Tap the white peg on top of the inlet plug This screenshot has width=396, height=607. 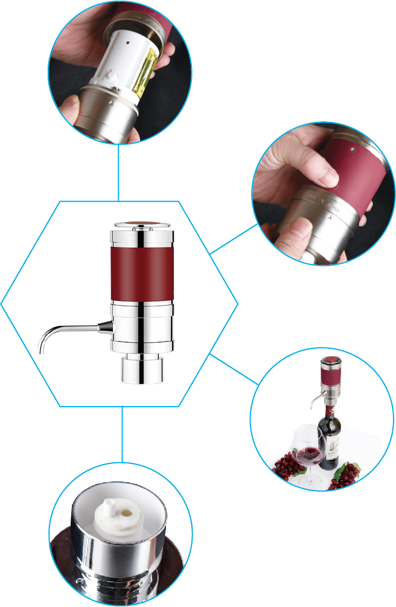click(x=109, y=505)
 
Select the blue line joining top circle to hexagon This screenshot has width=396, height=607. click(x=118, y=172)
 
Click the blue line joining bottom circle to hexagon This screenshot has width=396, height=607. click(x=123, y=434)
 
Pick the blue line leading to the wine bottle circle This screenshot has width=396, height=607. click(x=234, y=369)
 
